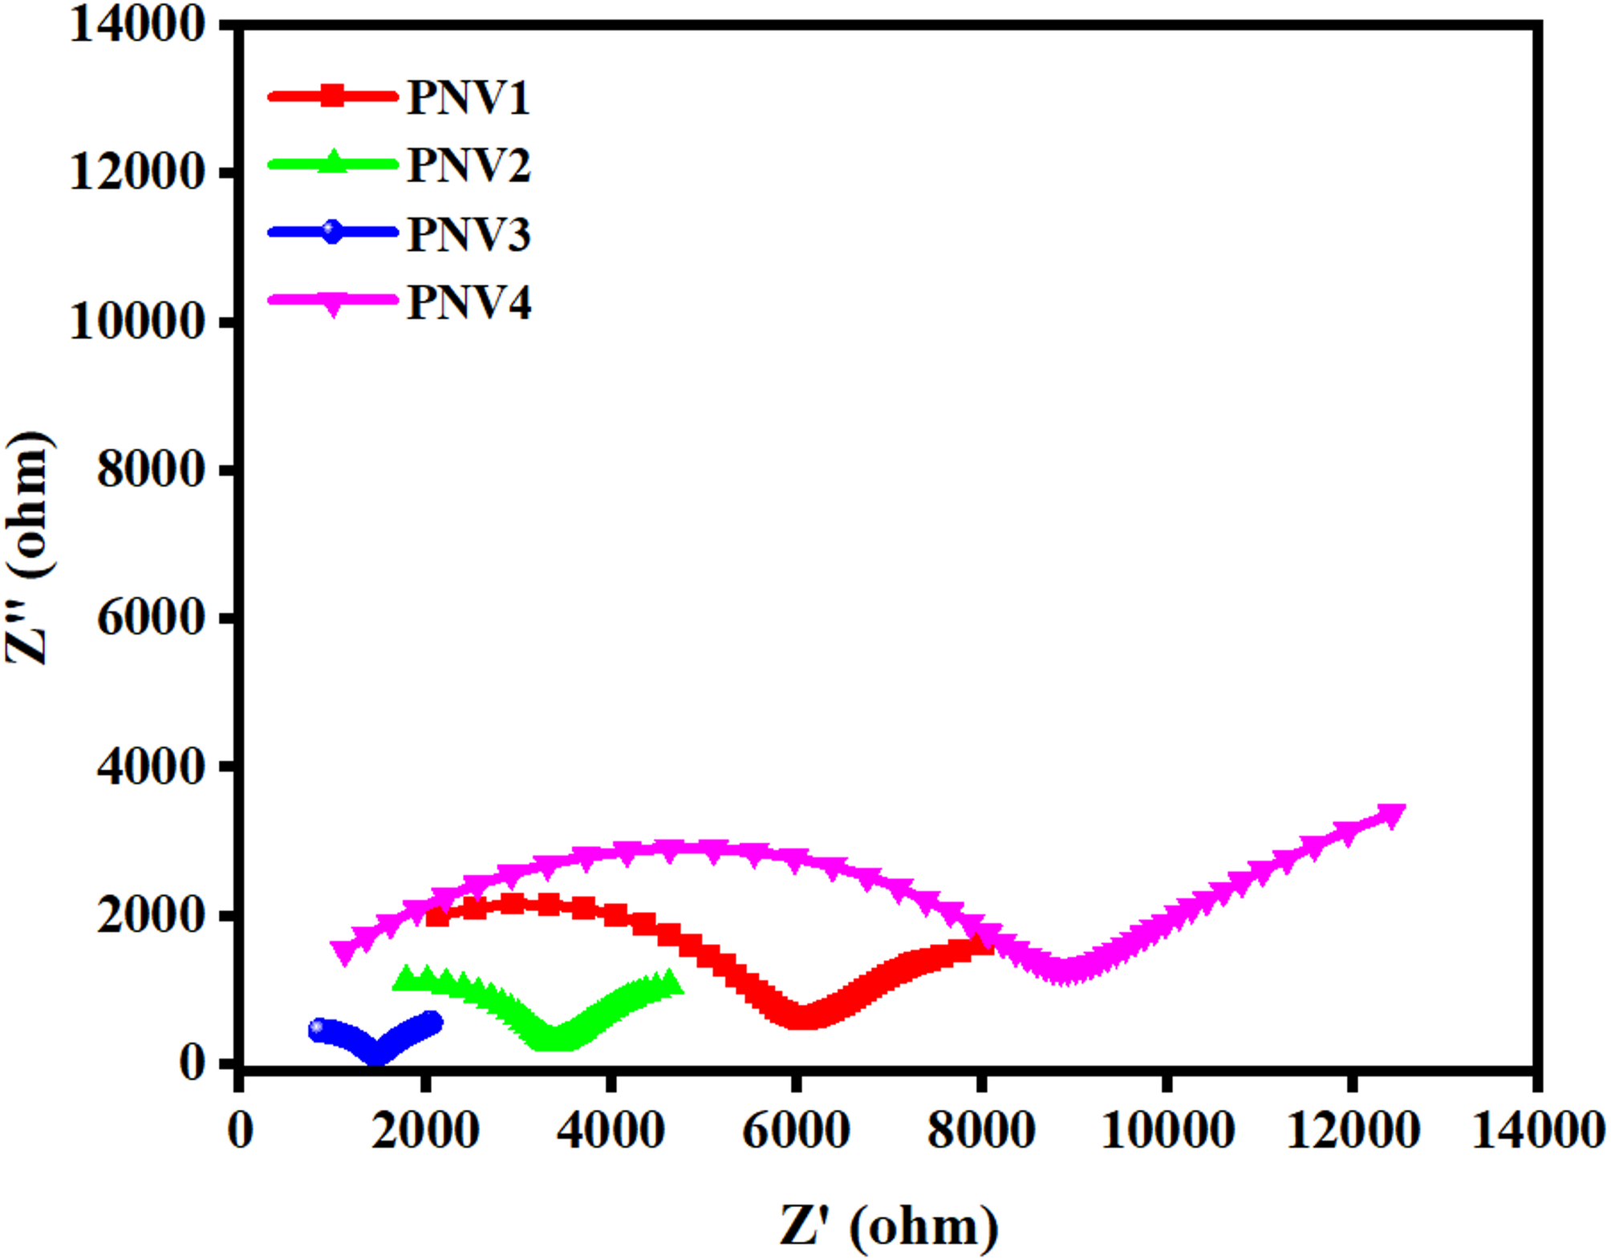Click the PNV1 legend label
pos(468,98)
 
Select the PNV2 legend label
pos(468,166)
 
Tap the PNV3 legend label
pos(468,234)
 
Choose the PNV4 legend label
pos(468,302)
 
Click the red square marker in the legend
pos(332,95)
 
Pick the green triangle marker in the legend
pos(332,162)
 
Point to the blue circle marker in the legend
pos(332,232)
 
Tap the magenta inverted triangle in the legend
pos(332,302)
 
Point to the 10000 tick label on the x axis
pos(1167,1131)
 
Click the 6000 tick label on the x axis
pos(796,1131)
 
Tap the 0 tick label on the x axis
pos(240,1131)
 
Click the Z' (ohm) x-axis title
pos(888,1226)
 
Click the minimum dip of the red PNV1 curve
pos(802,1016)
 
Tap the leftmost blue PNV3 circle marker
pos(319,1029)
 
